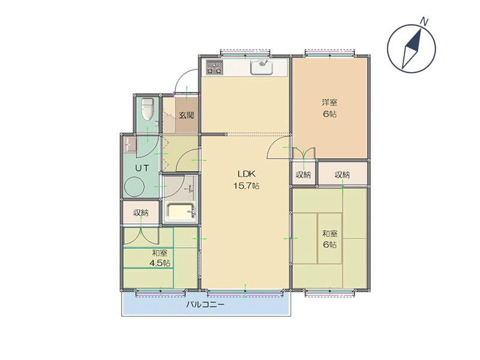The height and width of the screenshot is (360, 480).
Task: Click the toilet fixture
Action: (148, 109)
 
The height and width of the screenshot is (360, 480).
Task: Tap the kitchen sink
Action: (262, 67)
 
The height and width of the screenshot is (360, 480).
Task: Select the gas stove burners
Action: (214, 67)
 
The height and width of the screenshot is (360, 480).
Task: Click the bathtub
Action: (181, 212)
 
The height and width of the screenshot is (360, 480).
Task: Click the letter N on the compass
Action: (424, 22)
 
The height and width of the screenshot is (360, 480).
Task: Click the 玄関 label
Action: (187, 115)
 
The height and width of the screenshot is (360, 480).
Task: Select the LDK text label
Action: (247, 174)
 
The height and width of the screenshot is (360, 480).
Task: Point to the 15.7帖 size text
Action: (247, 185)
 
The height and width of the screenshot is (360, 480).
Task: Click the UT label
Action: (142, 168)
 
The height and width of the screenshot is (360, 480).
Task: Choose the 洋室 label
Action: (329, 102)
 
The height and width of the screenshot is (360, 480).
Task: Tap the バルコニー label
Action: (206, 305)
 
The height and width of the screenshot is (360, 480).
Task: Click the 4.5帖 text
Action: (160, 263)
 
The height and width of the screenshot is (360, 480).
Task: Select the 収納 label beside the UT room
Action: (141, 213)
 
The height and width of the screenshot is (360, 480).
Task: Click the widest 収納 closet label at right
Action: (342, 175)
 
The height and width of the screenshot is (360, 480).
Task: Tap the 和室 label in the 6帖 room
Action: (329, 234)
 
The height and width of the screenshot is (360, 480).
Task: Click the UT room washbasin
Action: (131, 145)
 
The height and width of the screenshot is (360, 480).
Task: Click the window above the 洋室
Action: (329, 53)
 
